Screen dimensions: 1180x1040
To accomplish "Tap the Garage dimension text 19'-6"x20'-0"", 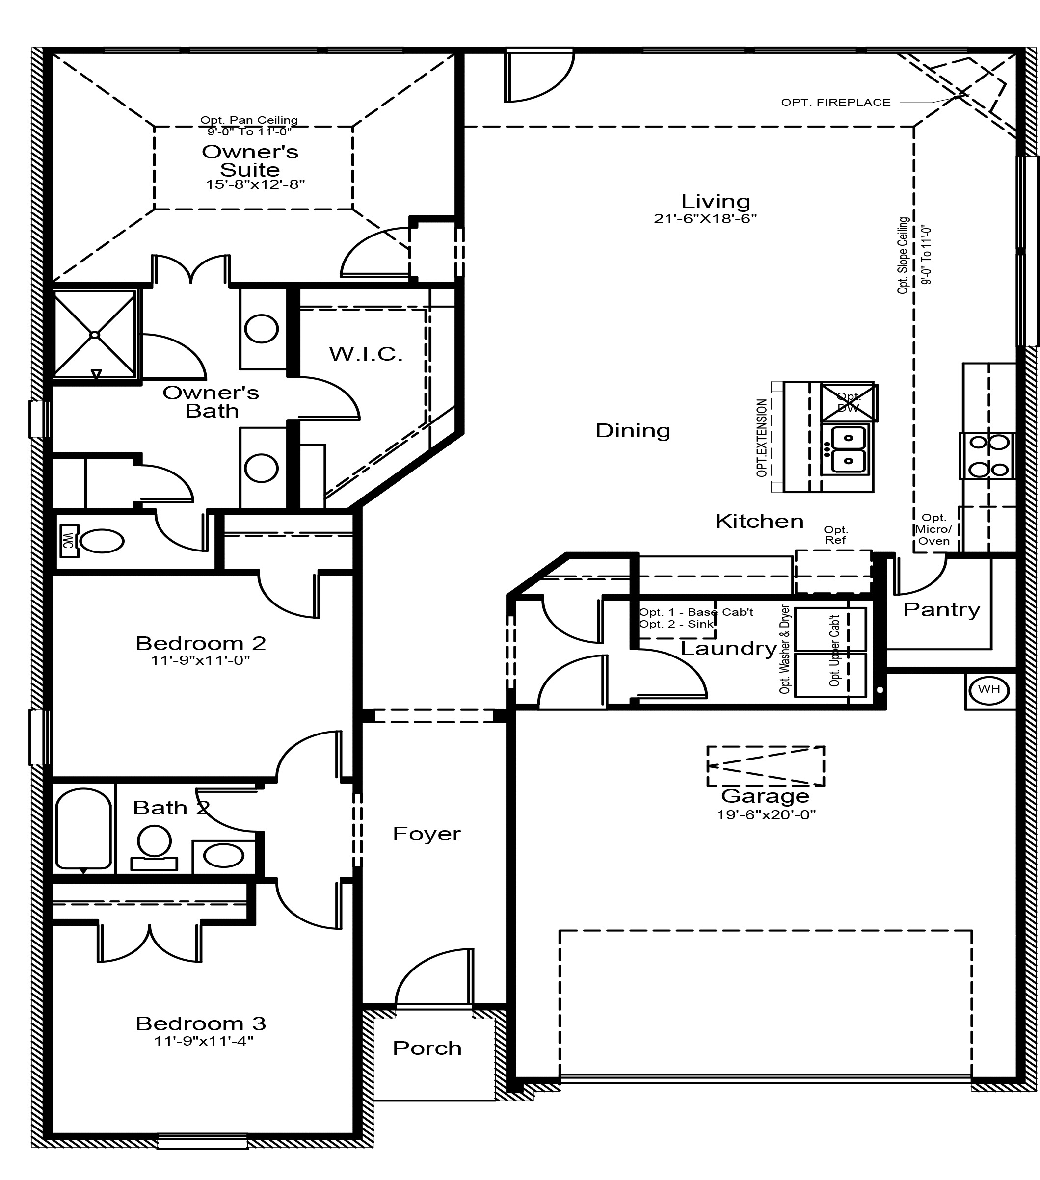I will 766,815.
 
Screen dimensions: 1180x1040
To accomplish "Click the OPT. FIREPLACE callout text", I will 835,103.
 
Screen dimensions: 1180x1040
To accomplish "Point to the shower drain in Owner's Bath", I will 95,335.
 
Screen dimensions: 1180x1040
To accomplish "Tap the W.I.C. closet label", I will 366,354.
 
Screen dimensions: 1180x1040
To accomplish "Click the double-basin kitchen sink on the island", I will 848,450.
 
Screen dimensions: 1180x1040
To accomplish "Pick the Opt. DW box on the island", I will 848,402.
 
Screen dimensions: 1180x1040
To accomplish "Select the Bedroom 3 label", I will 200,1023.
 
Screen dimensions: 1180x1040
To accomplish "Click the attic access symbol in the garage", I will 766,765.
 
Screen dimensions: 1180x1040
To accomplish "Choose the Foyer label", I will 427,834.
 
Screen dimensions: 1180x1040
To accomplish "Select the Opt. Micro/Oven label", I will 934,529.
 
